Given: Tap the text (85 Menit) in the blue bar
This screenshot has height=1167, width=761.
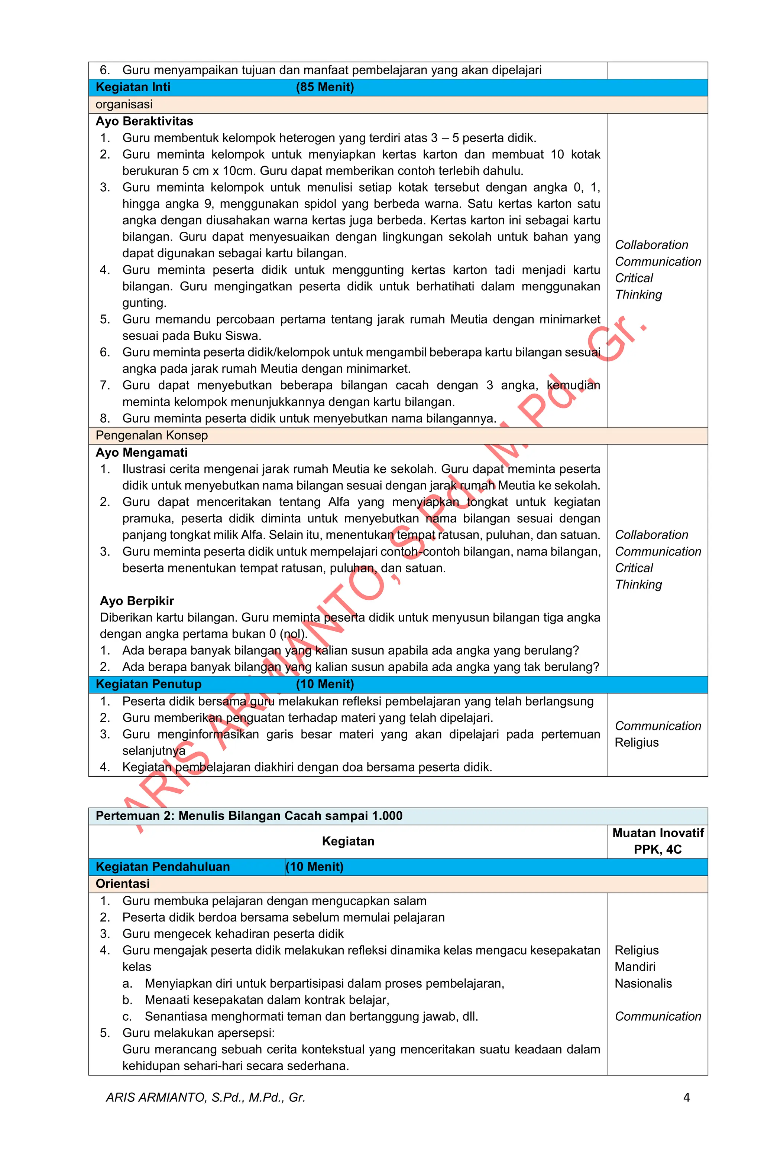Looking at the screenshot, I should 324,87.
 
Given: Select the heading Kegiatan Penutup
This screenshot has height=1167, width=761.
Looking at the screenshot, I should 148,684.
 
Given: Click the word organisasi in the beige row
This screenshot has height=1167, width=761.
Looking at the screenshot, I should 124,104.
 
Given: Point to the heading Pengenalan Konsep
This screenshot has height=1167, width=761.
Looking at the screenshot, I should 152,436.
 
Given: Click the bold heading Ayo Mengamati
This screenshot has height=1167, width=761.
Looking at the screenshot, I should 141,453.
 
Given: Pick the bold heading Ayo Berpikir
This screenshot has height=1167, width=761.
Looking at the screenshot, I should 137,601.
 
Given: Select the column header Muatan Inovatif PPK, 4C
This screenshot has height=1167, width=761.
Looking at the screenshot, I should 657,841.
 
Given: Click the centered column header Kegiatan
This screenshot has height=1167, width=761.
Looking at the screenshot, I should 348,841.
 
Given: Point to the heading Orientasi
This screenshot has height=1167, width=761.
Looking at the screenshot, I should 123,884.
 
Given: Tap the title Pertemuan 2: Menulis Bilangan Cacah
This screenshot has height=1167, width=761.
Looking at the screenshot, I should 249,815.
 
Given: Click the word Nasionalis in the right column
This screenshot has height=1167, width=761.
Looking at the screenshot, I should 643,983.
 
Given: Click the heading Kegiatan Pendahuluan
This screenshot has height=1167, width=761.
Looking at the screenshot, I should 162,866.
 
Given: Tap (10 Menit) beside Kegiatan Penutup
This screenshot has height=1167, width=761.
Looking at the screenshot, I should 324,684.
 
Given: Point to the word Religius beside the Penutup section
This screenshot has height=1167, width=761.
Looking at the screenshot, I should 637,742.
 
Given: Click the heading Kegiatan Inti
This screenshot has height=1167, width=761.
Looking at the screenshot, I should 133,87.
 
